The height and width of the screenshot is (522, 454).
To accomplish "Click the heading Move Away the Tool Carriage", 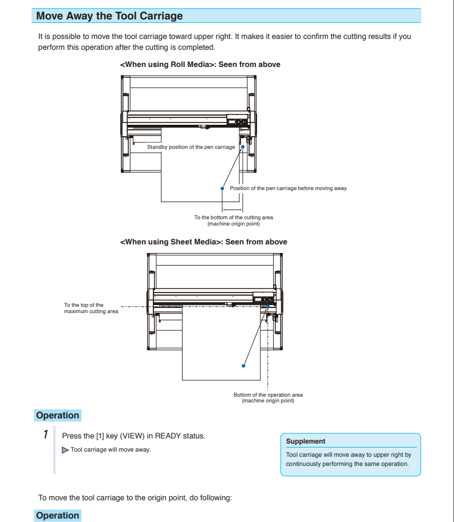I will (x=109, y=16).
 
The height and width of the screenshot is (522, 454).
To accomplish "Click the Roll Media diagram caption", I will (x=200, y=65).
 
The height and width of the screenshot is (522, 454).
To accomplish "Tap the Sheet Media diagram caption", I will (x=203, y=242).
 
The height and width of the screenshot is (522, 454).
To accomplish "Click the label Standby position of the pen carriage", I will (x=191, y=147).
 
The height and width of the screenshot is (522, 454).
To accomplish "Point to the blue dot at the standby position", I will (x=243, y=147).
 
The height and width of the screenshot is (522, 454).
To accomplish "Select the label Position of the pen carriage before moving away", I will (x=288, y=188).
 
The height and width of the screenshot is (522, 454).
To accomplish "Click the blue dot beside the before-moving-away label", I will (x=222, y=188).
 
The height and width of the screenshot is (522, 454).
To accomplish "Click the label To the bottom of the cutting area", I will (x=233, y=217).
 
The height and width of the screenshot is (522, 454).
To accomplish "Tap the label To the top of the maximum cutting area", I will (x=91, y=309).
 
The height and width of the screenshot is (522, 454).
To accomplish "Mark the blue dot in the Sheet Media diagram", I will (x=244, y=365).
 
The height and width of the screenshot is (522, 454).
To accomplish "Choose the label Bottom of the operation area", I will (x=268, y=395).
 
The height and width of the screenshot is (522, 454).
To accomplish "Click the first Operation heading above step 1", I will (x=57, y=416).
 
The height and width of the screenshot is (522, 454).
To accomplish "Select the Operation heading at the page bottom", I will (x=57, y=516).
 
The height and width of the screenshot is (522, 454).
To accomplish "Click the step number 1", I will (x=46, y=435).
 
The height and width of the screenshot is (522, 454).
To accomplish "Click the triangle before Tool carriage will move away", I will (x=65, y=450).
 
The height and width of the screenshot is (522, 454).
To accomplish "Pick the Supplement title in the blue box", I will (x=305, y=441).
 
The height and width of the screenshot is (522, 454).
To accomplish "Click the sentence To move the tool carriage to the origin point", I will (x=135, y=497).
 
